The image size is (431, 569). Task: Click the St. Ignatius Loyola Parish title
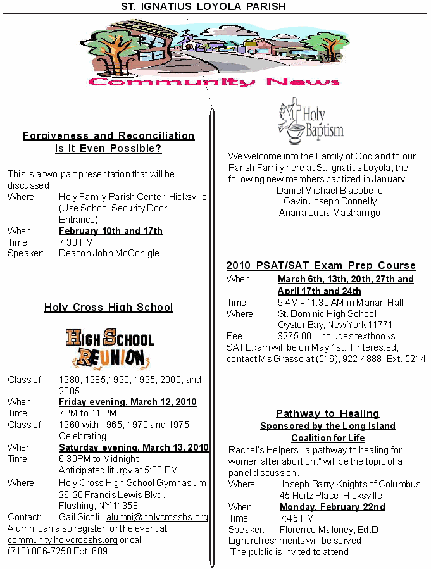coord(204,6)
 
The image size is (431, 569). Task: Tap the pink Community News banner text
coord(214,82)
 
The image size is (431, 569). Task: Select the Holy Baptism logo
coord(310,122)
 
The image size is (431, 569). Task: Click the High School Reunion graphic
coord(109,348)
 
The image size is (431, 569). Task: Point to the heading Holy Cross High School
coord(108,308)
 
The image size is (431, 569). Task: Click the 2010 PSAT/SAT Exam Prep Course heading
coord(321,265)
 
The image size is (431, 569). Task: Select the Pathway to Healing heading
coord(327,414)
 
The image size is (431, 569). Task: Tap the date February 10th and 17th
coord(111,230)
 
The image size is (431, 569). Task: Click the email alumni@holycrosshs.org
coord(161,517)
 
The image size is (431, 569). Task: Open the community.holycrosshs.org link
coord(63,540)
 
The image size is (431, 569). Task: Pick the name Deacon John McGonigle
coord(109,253)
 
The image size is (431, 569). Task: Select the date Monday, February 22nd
coord(332,507)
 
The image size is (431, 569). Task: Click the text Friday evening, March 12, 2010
coord(127,402)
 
